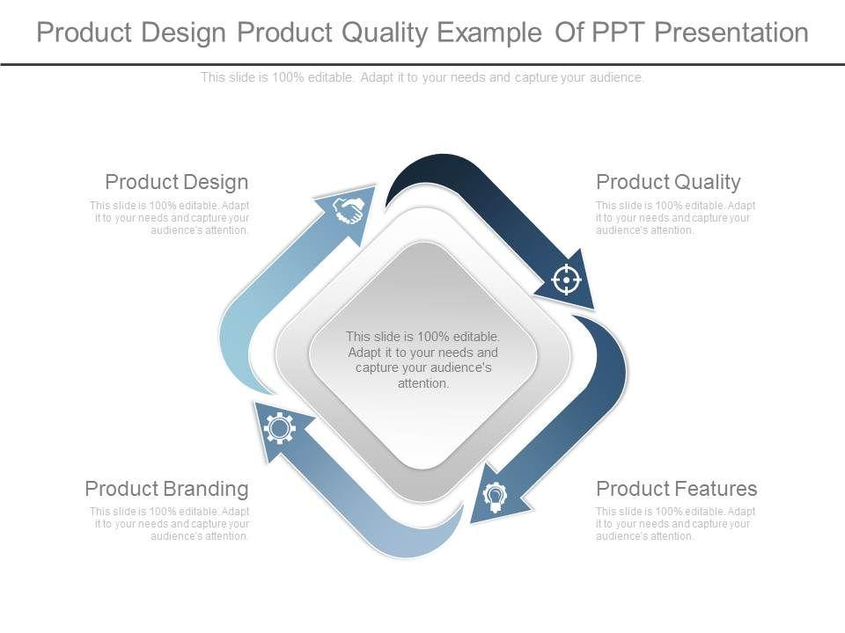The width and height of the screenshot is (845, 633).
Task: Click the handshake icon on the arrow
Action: pos(349,209)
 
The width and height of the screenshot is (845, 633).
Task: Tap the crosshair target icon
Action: pos(566,280)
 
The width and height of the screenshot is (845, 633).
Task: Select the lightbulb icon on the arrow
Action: pos(495,497)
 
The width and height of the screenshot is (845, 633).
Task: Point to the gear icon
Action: pos(279,428)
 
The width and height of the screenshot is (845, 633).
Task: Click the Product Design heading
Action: pos(177,182)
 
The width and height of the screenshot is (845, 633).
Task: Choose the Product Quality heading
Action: pos(668,182)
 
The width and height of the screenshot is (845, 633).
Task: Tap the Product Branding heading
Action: pos(166,489)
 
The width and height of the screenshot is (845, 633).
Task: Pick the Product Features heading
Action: pos(676,489)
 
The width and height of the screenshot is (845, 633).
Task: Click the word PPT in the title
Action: pos(619,33)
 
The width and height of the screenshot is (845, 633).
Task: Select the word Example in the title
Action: pos(489,33)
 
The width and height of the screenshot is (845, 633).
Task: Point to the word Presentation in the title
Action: pos(731,33)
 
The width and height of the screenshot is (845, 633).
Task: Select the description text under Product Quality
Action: pos(675,217)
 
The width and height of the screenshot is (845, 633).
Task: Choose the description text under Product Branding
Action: pos(169,524)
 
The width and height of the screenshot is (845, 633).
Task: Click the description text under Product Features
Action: pos(675,524)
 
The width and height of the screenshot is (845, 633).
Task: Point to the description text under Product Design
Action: pos(169,217)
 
